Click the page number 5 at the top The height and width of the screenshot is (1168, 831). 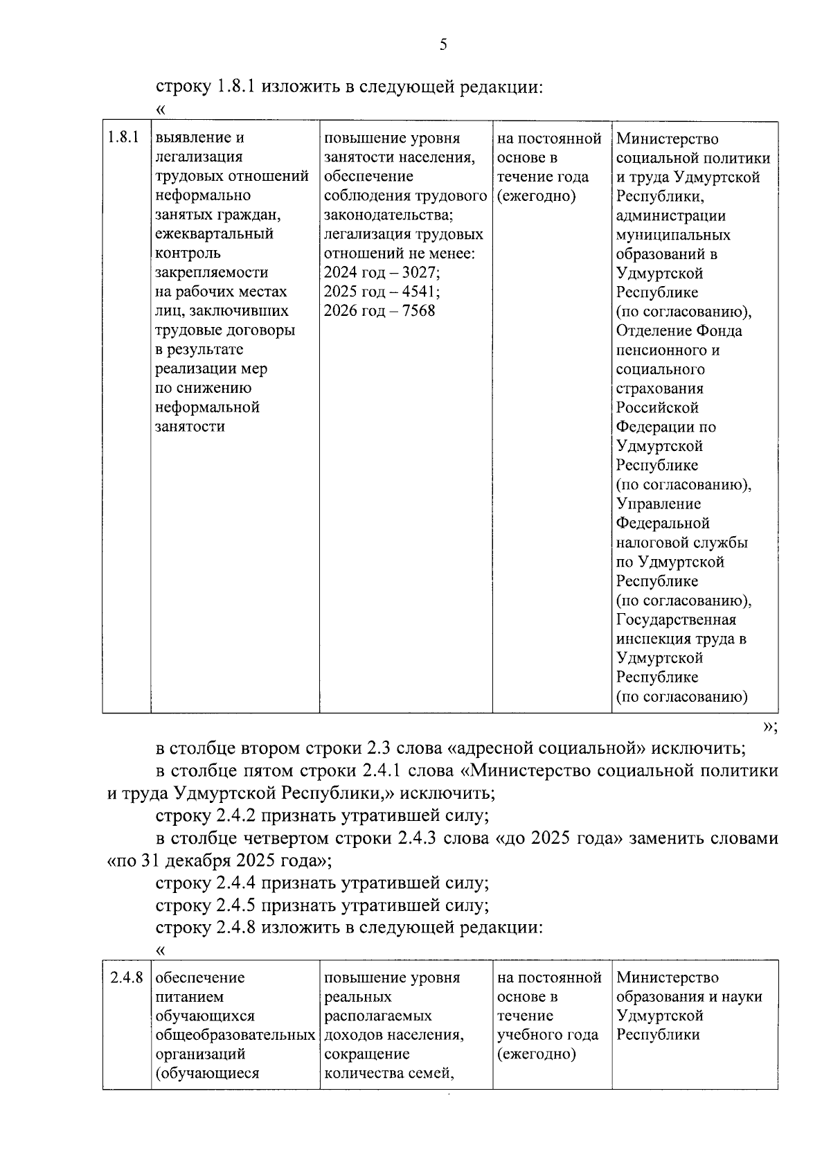(443, 46)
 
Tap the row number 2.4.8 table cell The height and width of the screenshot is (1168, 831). (126, 977)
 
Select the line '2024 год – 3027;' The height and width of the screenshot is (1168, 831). (382, 272)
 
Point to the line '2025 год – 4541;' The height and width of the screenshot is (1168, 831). (382, 292)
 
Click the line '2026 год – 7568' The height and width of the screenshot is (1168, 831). (379, 310)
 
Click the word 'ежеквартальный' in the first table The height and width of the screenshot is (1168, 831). (214, 234)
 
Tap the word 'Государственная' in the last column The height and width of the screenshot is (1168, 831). (676, 619)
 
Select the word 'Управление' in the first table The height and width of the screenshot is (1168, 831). (658, 504)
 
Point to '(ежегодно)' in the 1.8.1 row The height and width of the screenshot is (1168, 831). (537, 196)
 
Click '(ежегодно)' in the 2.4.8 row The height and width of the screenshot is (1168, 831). (537, 1054)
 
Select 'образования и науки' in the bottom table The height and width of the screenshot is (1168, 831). (689, 997)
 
